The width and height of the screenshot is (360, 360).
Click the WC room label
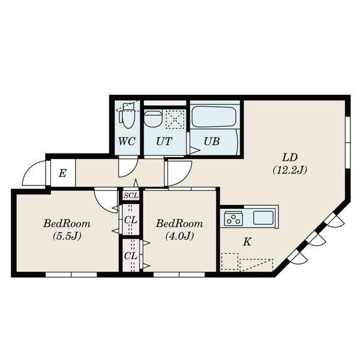pyautogui.click(x=127, y=141)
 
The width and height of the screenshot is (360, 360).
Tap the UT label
pyautogui.click(x=164, y=141)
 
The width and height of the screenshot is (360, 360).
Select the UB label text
pyautogui.click(x=212, y=141)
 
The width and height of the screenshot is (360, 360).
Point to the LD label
pyautogui.click(x=290, y=157)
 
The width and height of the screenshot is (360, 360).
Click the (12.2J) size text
pyautogui.click(x=290, y=170)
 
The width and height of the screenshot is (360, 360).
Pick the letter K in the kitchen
pyautogui.click(x=247, y=242)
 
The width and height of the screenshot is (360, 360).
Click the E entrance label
pyautogui.click(x=62, y=173)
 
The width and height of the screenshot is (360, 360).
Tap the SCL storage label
pyautogui.click(x=131, y=196)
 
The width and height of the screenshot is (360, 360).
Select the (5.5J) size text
pyautogui.click(x=67, y=236)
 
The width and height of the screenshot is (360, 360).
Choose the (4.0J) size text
pyautogui.click(x=179, y=236)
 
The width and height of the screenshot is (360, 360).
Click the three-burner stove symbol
pyautogui.click(x=233, y=218)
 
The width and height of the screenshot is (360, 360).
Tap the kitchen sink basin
pyautogui.click(x=263, y=218)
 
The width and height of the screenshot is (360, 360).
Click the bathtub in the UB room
pyautogui.click(x=214, y=116)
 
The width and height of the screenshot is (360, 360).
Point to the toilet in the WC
pyautogui.click(x=127, y=116)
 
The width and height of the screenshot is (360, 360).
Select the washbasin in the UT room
pyautogui.click(x=153, y=118)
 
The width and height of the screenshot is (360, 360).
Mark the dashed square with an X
pyautogui.click(x=175, y=119)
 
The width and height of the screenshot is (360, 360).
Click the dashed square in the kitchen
pyautogui.click(x=229, y=262)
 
